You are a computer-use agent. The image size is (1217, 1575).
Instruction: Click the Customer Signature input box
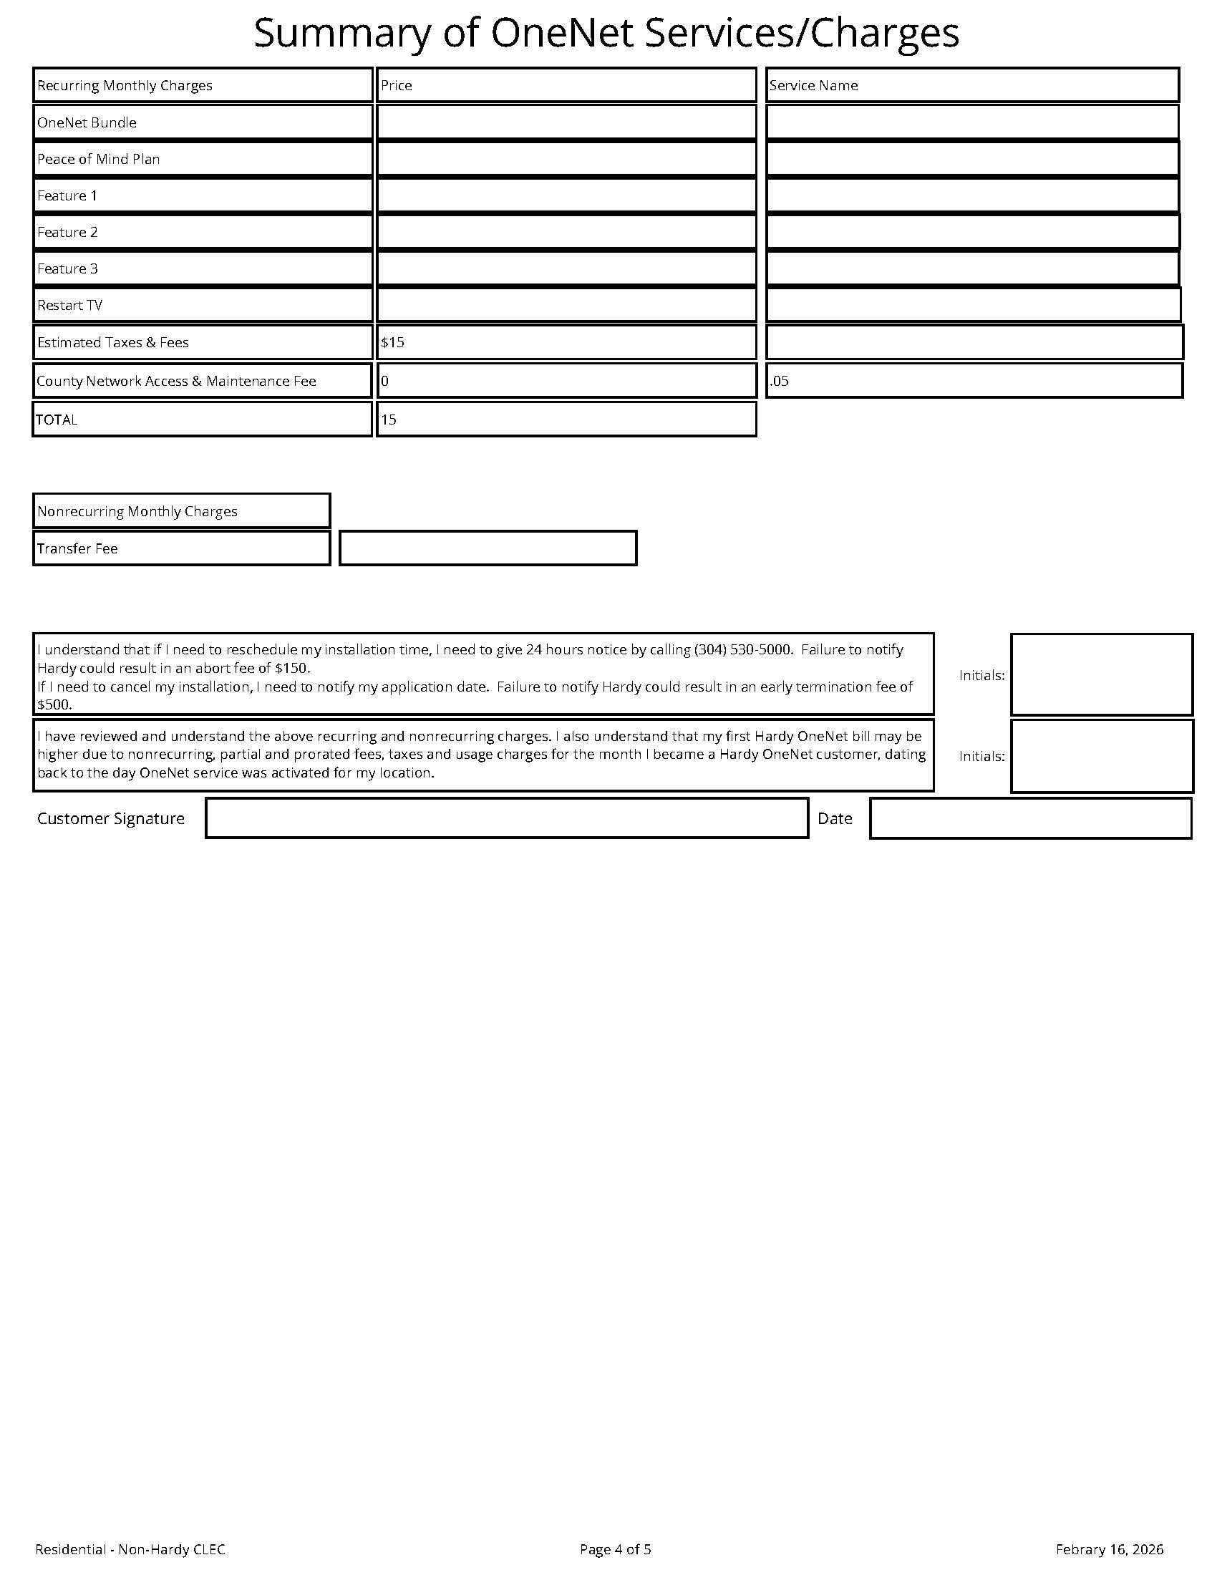point(506,818)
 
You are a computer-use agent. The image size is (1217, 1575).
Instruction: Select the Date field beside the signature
point(1030,818)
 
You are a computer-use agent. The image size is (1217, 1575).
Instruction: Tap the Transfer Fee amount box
point(488,548)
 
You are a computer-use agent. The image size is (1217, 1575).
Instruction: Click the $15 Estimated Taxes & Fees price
point(393,342)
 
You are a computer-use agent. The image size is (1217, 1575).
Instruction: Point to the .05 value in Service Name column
point(780,381)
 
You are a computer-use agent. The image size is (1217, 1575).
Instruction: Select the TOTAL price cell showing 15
point(389,420)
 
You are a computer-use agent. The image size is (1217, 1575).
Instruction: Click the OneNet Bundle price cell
point(566,122)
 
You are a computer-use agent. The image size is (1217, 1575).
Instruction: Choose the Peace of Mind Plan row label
point(99,159)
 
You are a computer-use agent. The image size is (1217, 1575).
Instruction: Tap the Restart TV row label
point(70,305)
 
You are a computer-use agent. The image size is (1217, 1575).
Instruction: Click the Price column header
point(397,85)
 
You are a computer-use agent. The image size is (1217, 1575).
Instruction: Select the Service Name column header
point(813,85)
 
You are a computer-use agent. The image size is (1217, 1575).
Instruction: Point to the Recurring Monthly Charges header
point(125,85)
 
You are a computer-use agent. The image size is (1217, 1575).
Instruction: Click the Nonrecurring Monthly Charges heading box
point(181,510)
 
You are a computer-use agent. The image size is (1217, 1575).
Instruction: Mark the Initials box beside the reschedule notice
point(1101,674)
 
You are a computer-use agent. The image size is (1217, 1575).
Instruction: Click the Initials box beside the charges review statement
point(1101,756)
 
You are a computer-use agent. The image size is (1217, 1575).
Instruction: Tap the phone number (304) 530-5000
point(743,649)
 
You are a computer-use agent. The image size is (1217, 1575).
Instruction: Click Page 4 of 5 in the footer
point(615,1549)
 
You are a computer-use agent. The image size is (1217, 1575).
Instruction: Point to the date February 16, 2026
point(1109,1549)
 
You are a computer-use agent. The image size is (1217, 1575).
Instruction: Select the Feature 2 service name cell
point(972,231)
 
